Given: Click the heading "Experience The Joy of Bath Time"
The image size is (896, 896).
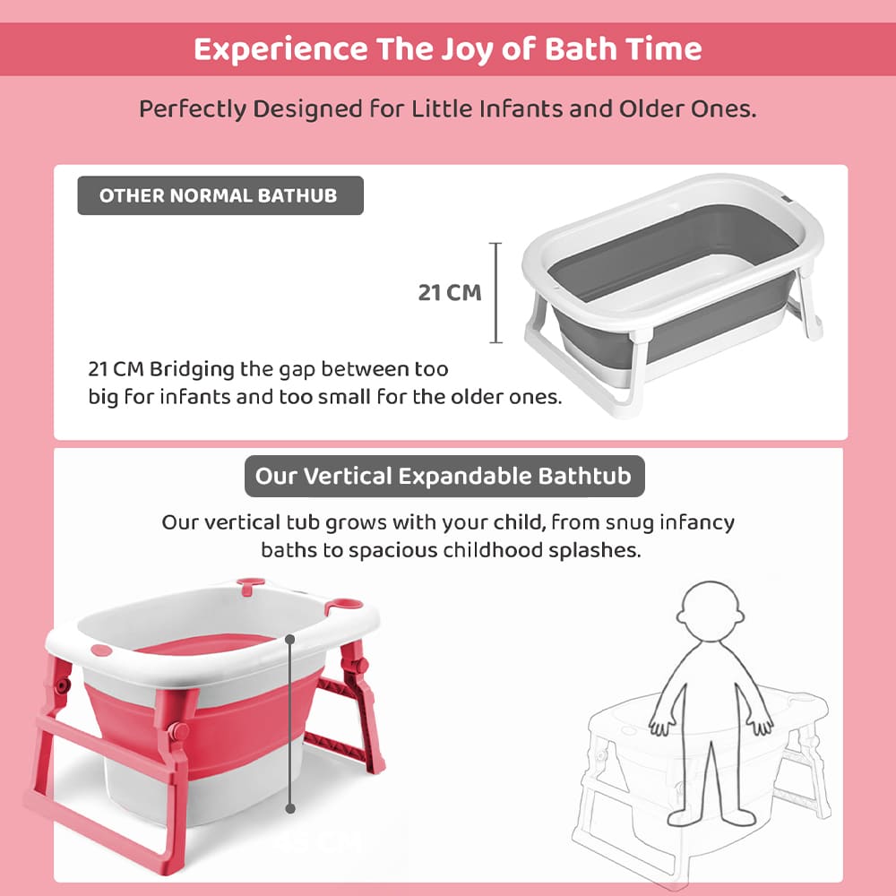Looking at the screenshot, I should [x=448, y=49].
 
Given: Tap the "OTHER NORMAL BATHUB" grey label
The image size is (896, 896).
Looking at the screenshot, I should [x=219, y=195].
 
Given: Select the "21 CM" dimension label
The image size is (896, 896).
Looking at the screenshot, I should [x=450, y=292].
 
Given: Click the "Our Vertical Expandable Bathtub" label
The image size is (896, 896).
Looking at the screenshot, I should [x=444, y=475].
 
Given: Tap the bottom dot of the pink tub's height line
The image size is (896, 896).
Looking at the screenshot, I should [x=290, y=808].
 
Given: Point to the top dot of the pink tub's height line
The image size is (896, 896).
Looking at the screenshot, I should [x=290, y=640].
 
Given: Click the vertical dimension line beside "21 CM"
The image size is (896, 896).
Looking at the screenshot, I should [x=496, y=292].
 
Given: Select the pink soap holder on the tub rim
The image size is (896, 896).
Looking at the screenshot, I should [x=345, y=607].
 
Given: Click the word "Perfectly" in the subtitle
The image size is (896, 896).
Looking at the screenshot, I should [x=193, y=109].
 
